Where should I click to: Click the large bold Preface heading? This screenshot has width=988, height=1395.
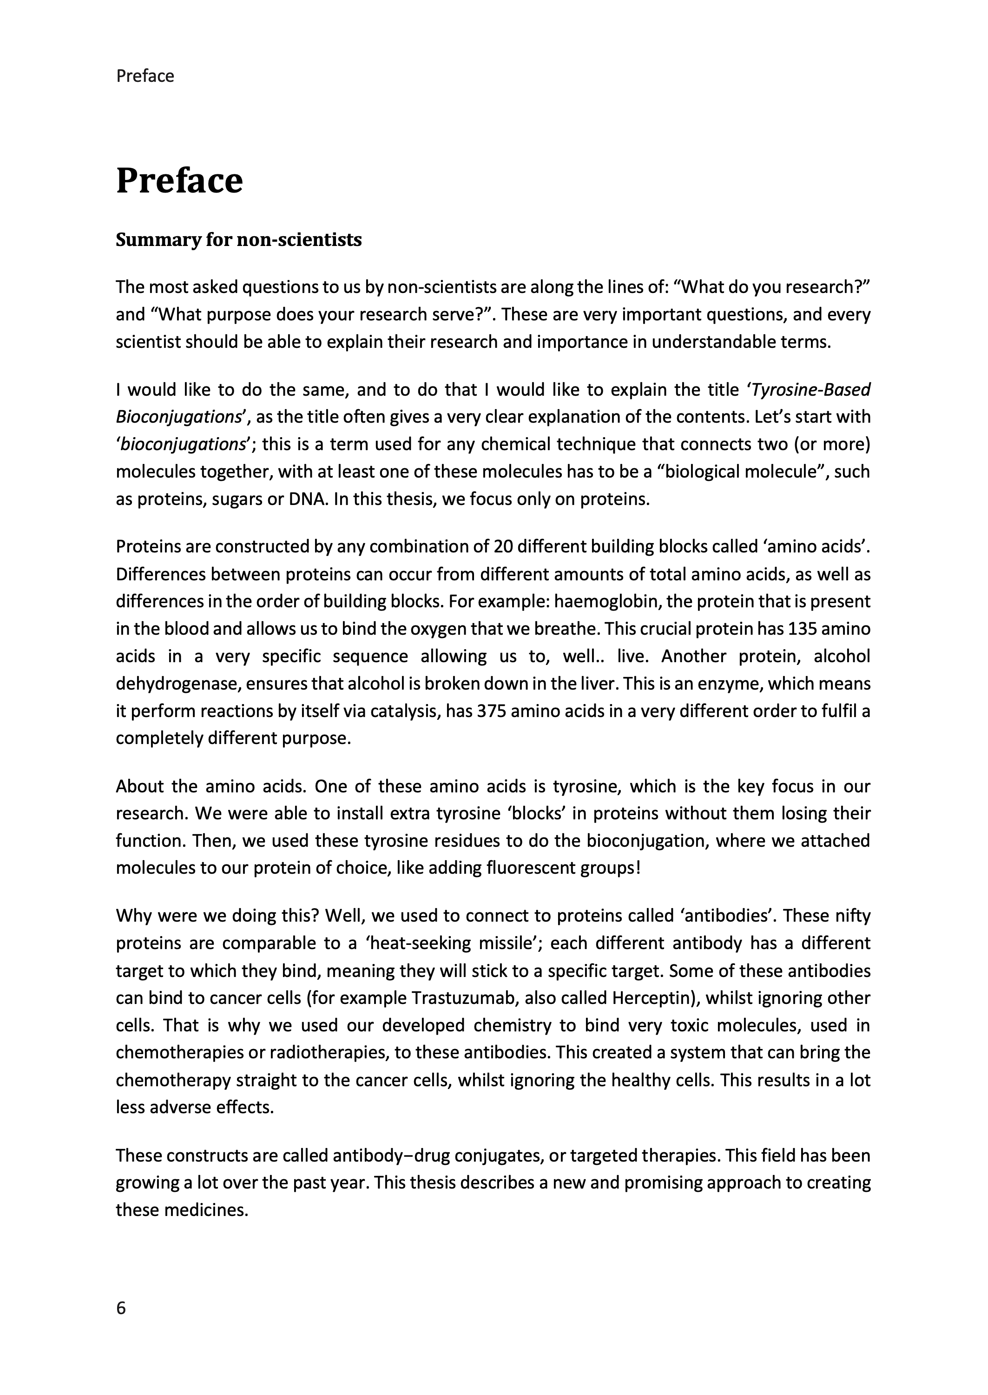179,181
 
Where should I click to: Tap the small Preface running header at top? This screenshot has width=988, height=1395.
145,76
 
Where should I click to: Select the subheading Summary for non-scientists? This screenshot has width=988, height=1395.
238,240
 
